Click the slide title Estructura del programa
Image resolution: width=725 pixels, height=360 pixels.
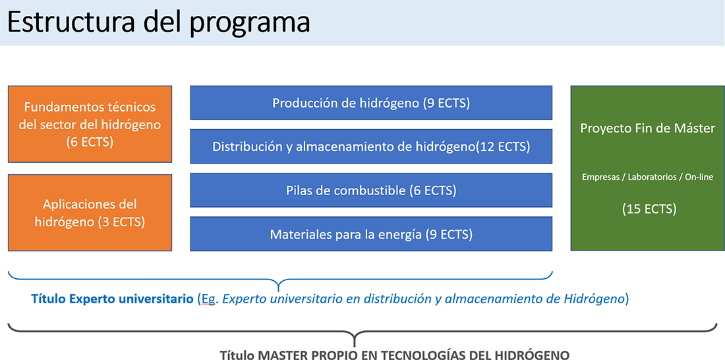click(x=159, y=23)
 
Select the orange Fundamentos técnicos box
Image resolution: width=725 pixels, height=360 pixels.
click(x=90, y=124)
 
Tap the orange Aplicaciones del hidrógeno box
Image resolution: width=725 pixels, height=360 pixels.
click(x=90, y=212)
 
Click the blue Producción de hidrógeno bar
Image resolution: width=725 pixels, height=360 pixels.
click(x=371, y=103)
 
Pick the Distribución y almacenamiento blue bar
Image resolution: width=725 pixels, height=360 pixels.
click(x=371, y=146)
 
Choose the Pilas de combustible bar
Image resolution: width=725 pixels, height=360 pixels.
click(x=371, y=190)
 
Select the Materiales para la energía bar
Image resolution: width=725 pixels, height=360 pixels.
click(x=371, y=234)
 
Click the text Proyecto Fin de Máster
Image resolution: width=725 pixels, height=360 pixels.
click(x=648, y=128)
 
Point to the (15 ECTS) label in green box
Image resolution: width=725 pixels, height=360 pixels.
click(x=649, y=209)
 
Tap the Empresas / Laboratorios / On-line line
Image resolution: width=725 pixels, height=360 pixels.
click(x=648, y=177)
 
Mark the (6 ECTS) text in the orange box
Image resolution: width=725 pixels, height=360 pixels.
click(x=90, y=142)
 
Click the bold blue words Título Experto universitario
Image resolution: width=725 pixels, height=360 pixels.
click(x=112, y=299)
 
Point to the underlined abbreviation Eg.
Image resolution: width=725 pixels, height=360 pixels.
click(x=209, y=299)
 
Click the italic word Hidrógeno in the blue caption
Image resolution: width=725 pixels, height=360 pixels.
click(x=594, y=299)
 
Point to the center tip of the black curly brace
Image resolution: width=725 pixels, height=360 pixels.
click(x=355, y=345)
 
